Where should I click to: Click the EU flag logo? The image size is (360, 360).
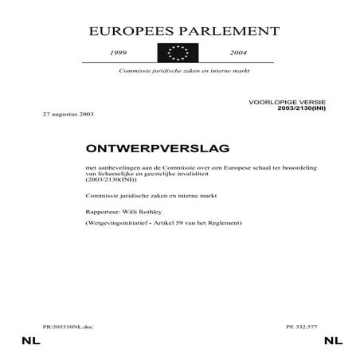[x=179, y=53]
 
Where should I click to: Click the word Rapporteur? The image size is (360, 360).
[x=102, y=211]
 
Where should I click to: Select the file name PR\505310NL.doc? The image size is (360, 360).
[x=68, y=327]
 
